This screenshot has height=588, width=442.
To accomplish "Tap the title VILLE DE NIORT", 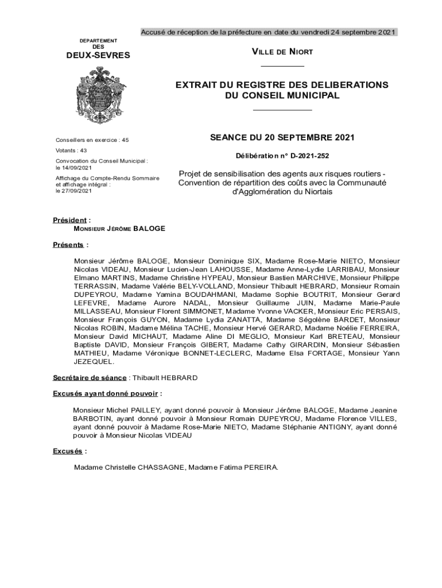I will pyautogui.click(x=282, y=52).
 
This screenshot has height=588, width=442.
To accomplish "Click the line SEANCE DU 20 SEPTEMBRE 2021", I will pyautogui.click(x=282, y=138).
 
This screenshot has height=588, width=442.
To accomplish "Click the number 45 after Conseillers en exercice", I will pyautogui.click(x=125, y=140).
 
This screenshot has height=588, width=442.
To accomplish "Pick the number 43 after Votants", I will pyautogui.click(x=83, y=150).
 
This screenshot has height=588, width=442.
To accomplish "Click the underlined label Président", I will pyautogui.click(x=71, y=220).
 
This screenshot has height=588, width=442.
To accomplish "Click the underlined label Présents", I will pyautogui.click(x=68, y=245).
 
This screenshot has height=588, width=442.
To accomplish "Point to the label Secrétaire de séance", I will pyautogui.click(x=90, y=378).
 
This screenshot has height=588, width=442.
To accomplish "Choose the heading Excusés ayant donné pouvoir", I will pyautogui.click(x=106, y=394).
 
